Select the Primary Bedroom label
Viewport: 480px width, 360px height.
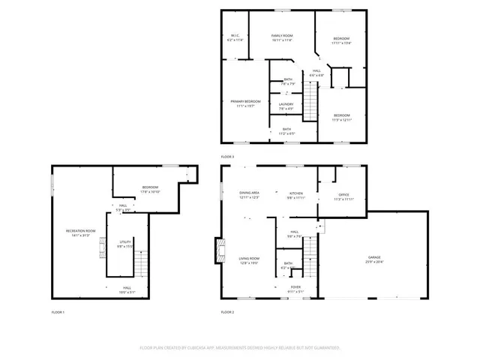[245, 103]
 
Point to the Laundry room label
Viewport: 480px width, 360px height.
[286, 106]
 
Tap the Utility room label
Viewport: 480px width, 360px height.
[124, 244]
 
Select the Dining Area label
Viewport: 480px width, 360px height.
[249, 194]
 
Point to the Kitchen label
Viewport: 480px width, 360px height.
[295, 194]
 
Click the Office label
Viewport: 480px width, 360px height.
[334, 197]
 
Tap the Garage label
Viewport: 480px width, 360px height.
[373, 259]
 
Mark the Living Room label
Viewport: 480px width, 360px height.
[248, 261]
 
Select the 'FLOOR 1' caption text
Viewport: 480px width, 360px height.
[58, 311]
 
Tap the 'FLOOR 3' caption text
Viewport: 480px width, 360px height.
[227, 156]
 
